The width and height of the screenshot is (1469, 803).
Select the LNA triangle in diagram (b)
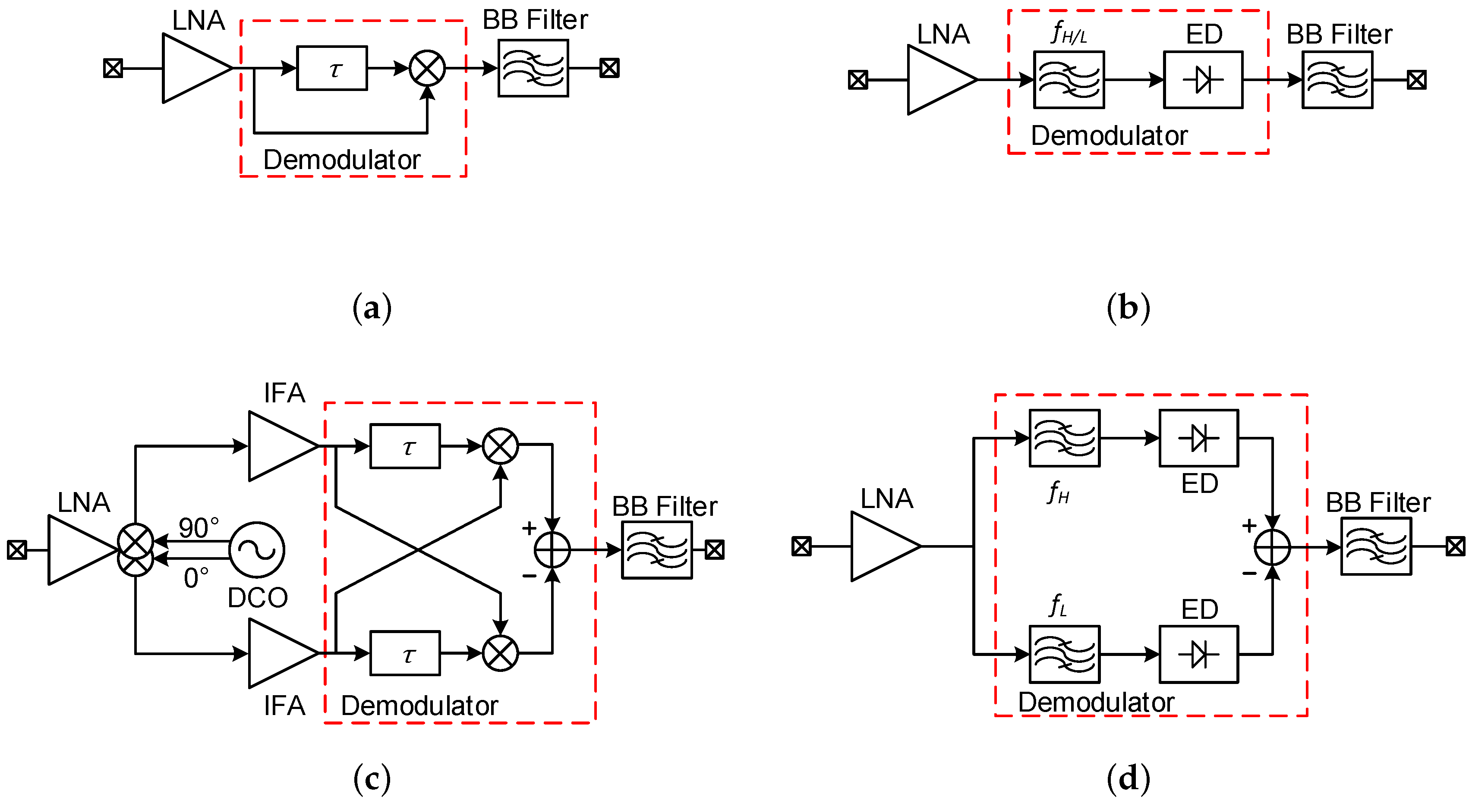[935, 80]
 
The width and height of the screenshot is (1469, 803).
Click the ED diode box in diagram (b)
[1203, 80]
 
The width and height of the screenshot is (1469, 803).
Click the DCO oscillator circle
[257, 550]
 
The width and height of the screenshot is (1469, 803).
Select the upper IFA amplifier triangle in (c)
[277, 446]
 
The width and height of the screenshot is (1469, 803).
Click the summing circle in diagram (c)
[552, 550]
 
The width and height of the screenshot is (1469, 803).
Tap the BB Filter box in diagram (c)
[656, 550]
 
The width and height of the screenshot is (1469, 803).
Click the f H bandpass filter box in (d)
[1064, 438]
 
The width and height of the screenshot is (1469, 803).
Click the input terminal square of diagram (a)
[113, 69]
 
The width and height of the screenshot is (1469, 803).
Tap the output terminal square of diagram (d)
[1455, 546]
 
